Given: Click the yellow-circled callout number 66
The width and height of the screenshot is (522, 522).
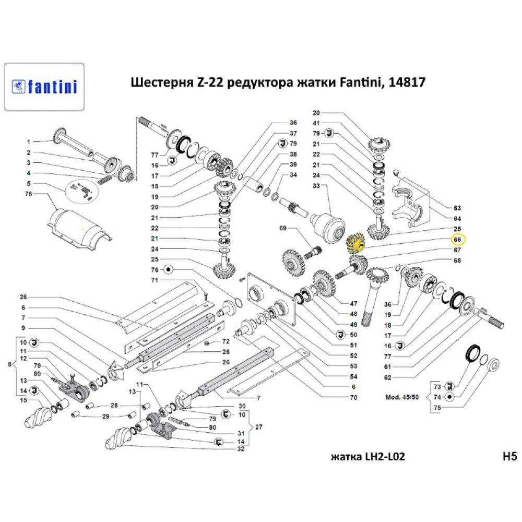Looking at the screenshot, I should (457, 240).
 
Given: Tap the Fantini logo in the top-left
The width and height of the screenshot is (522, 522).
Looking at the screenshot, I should (44, 86).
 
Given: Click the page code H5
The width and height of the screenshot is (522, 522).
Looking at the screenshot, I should (509, 457).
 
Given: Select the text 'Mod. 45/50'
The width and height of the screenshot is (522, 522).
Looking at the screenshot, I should (402, 397).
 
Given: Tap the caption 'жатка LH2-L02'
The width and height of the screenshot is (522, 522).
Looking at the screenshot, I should (368, 457).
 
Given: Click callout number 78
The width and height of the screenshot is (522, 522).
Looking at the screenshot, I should (29, 194).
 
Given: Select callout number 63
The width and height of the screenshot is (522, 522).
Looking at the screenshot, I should (457, 207).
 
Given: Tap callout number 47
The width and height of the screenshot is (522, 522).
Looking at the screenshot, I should (353, 303).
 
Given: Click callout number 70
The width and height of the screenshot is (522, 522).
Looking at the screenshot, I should (353, 397).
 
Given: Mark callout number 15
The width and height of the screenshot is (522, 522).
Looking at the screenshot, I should (23, 400).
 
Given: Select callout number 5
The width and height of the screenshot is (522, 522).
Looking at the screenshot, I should (29, 183).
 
